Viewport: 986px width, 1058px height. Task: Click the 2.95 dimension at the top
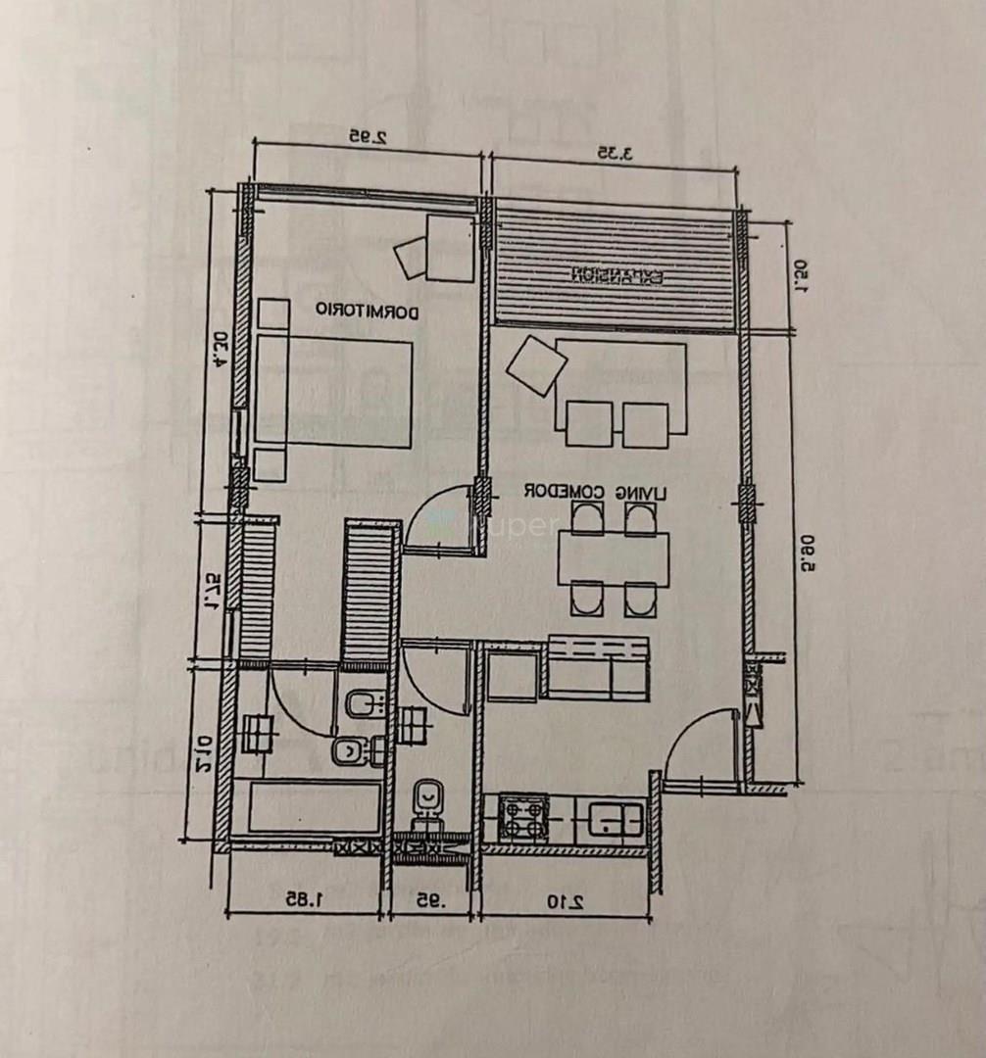click(368, 138)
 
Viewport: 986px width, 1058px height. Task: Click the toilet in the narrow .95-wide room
click(427, 801)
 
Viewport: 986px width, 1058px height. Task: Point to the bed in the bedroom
click(333, 392)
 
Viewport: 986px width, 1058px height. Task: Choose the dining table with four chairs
click(614, 558)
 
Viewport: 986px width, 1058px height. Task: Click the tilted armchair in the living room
click(536, 365)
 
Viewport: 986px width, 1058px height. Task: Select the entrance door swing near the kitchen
click(698, 748)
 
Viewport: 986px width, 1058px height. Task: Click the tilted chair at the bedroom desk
click(412, 258)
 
